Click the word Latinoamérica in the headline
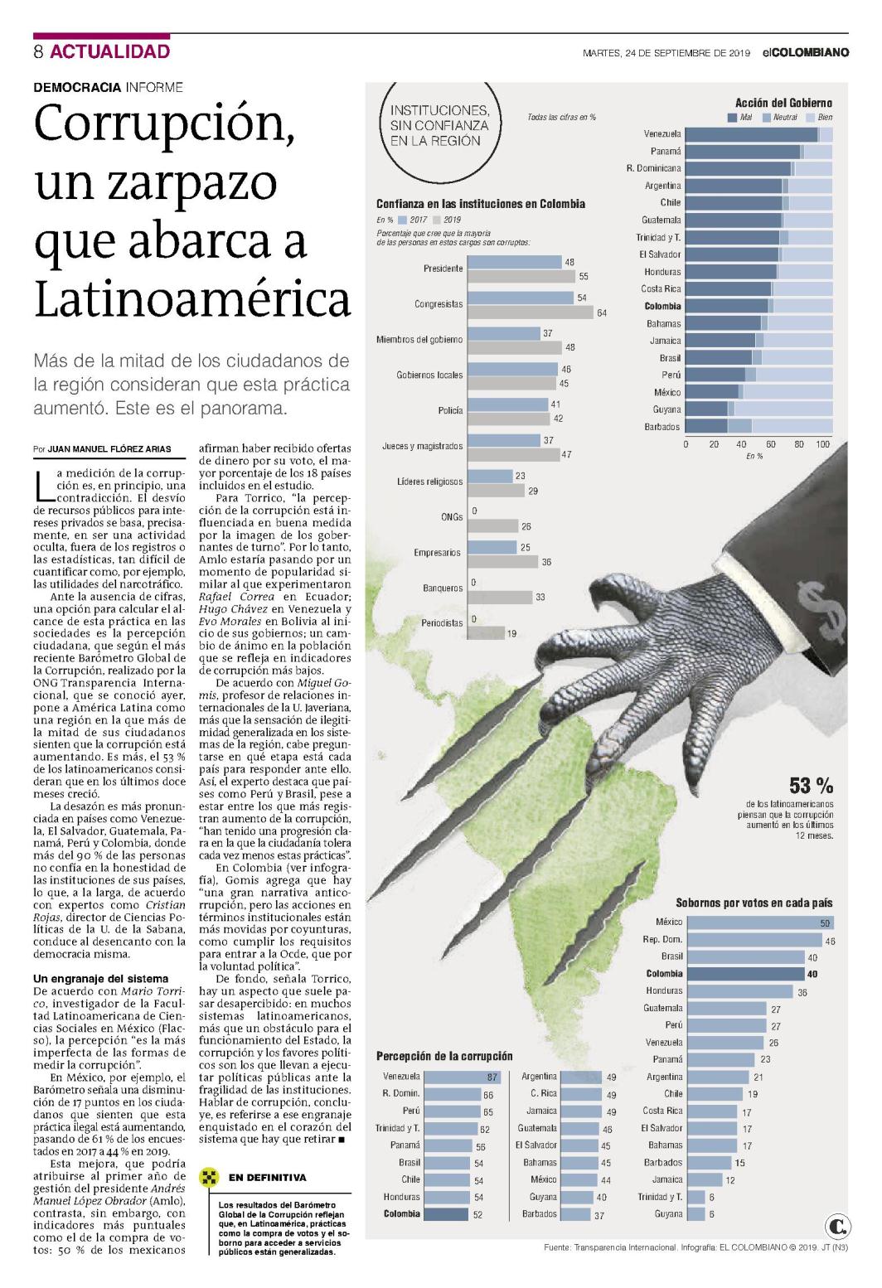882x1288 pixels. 192,299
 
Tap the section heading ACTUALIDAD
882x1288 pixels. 109,51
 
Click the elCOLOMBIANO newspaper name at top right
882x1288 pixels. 806,53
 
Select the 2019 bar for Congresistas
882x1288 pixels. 531,312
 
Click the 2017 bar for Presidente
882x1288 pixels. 515,262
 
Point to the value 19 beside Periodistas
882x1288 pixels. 511,634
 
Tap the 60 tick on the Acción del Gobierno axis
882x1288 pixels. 770,444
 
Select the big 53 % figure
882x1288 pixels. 811,785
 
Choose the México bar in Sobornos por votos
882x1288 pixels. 760,922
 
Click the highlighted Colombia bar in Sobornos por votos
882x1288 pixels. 746,974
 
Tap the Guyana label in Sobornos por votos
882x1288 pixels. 668,1214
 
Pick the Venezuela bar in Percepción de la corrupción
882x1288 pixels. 463,1077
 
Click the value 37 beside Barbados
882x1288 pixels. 599,1216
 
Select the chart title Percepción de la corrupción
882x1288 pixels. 444,1056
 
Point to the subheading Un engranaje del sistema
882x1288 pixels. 100,978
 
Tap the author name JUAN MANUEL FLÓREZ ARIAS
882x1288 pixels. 109,449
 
